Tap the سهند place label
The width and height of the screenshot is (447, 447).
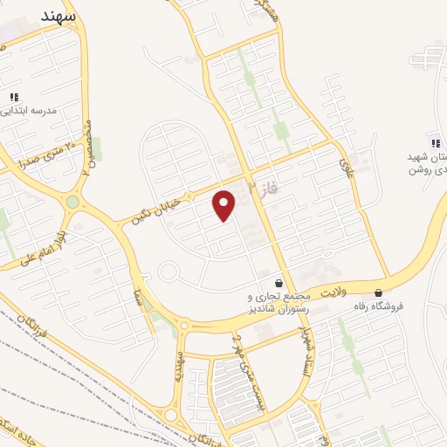(x=58, y=16)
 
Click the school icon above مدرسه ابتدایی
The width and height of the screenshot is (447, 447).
(x=14, y=96)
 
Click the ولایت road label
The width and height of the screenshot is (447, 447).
(x=333, y=289)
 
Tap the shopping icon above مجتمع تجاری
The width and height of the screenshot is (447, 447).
(x=279, y=284)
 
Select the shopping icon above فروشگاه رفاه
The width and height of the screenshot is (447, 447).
(x=378, y=292)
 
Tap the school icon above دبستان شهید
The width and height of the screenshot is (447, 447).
(x=434, y=143)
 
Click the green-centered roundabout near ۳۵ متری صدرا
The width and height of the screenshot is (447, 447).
(x=72, y=202)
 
